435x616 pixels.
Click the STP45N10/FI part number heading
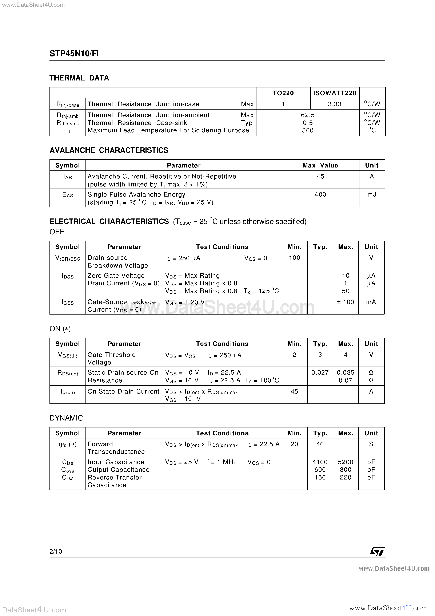[74, 54]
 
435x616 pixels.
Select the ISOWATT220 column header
[335, 93]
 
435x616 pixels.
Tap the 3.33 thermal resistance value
[335, 104]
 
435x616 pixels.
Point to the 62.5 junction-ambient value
[308, 115]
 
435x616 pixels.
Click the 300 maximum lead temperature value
[308, 130]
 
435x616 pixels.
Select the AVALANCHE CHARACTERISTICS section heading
[109, 150]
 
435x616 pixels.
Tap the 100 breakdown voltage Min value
[295, 258]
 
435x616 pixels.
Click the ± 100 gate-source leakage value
[346, 302]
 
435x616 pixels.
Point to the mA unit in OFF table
[371, 302]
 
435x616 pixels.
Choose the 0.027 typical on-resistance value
[320, 373]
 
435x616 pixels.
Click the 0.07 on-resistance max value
[346, 380]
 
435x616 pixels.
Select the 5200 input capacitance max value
[346, 462]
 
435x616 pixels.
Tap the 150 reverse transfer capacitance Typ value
[320, 478]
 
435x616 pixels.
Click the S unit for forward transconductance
[371, 444]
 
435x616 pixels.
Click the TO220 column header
[283, 93]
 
